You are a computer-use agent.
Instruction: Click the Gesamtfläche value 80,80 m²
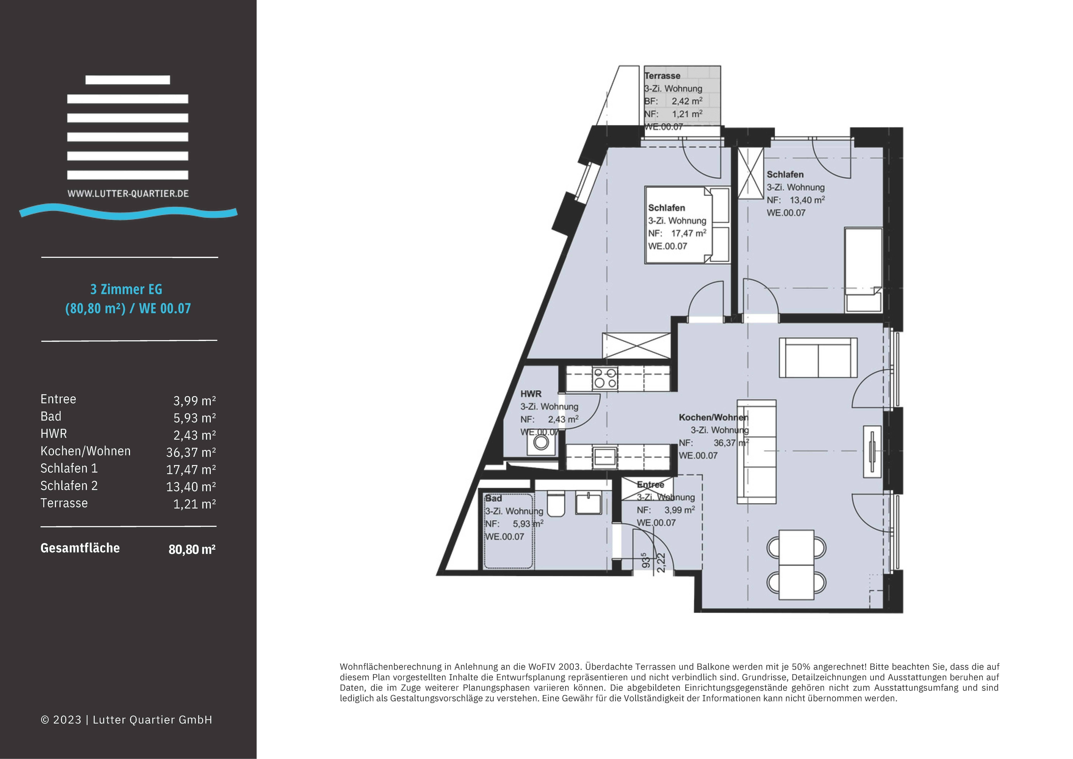point(192,549)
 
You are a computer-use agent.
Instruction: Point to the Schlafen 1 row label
point(69,468)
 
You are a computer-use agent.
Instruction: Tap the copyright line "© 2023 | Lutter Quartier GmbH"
point(126,720)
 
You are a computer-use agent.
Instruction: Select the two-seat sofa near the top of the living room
point(818,358)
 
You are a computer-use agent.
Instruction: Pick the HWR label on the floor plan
point(531,394)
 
